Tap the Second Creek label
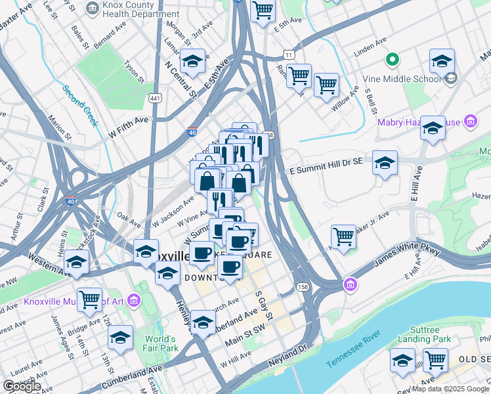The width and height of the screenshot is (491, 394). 80,105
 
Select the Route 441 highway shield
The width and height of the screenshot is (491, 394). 156,98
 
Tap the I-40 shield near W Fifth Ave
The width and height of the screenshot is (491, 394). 192,131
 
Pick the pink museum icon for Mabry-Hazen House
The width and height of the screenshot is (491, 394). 469,121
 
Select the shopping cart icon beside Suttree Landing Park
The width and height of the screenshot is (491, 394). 435,359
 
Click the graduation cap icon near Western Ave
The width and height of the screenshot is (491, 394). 76,262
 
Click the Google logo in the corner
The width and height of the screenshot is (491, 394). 22,385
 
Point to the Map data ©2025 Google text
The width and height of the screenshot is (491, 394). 450,389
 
